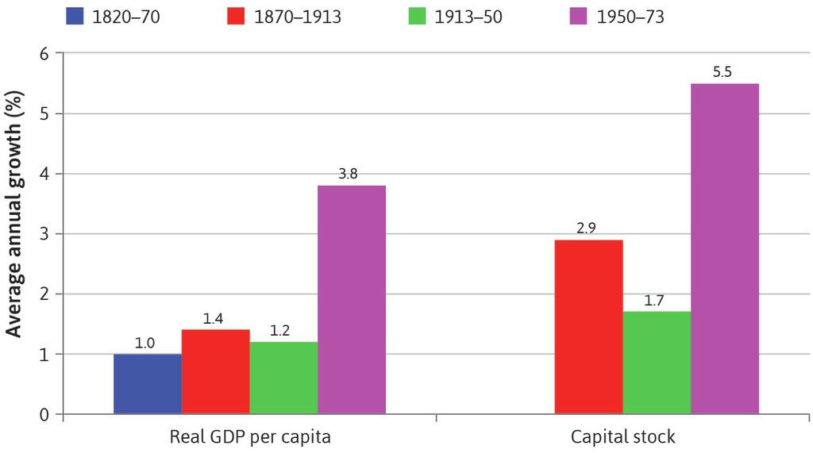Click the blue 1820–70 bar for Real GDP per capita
[148, 384]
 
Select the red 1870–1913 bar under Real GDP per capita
[215, 371]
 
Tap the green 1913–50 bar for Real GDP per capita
[283, 378]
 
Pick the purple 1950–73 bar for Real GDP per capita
[352, 300]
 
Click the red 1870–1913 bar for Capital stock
[588, 327]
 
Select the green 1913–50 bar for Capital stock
[657, 363]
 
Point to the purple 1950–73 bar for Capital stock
[725, 248]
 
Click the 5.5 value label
[722, 72]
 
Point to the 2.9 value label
[587, 228]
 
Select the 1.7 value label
[655, 301]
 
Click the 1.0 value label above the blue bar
[146, 343]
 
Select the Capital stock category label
[623, 437]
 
